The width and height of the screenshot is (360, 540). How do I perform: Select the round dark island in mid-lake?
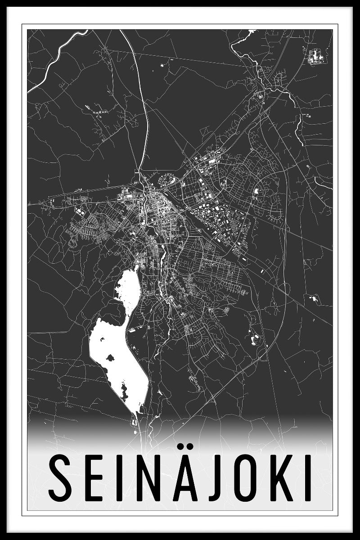[x=109, y=358]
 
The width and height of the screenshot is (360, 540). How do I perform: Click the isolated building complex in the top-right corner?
[x=314, y=56]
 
